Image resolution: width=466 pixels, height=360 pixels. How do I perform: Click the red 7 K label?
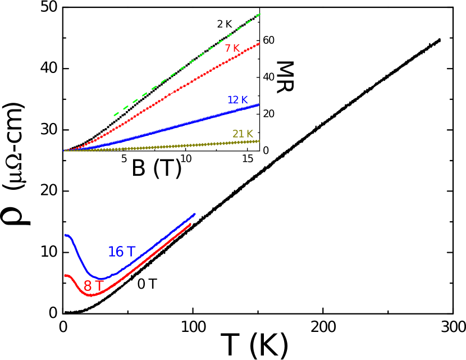click(x=232, y=49)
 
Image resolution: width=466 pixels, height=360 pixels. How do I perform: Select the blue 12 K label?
click(x=237, y=100)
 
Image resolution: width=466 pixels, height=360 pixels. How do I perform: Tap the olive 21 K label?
click(x=243, y=134)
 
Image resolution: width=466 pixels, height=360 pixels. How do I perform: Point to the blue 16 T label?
click(x=121, y=252)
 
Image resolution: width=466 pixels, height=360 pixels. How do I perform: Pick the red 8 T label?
click(x=93, y=286)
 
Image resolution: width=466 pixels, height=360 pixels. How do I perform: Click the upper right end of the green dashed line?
click(x=260, y=14)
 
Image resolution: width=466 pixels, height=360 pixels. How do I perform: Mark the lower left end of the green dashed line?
click(x=114, y=116)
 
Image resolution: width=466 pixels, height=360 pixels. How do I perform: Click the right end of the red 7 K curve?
click(x=259, y=43)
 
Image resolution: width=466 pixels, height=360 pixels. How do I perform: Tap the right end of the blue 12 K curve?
click(x=259, y=104)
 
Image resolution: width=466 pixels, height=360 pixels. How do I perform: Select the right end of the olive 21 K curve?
click(x=259, y=141)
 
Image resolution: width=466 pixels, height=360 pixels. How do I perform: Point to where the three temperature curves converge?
click(x=65, y=151)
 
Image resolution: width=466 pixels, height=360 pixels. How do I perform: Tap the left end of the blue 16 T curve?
click(x=65, y=235)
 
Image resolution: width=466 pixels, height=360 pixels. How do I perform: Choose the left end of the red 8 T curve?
click(x=65, y=275)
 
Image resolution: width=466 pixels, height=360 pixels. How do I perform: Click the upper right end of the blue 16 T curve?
click(x=195, y=214)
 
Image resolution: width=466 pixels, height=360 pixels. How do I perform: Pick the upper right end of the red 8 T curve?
click(x=191, y=224)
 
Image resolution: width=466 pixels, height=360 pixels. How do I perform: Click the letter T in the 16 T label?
click(x=131, y=252)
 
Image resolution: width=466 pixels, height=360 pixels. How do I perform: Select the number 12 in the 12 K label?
click(x=234, y=100)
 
